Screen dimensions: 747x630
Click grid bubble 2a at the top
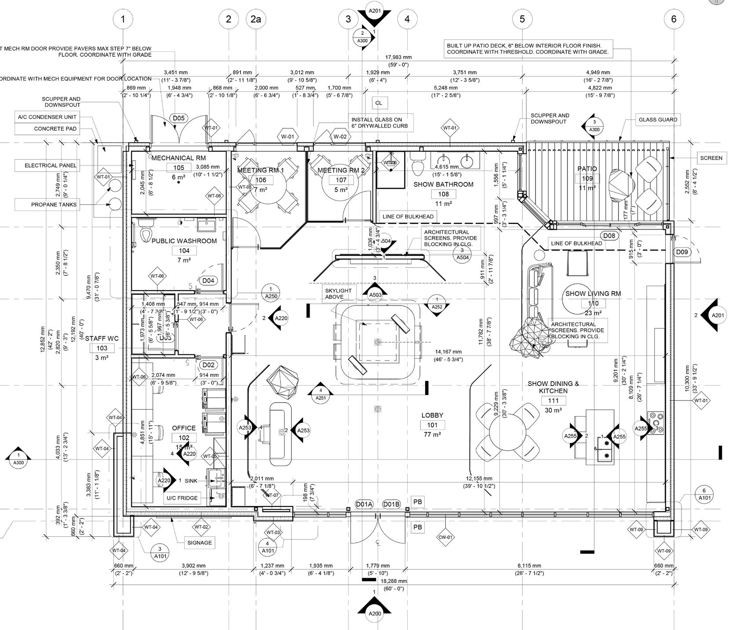click(255, 19)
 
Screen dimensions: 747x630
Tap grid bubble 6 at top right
click(674, 19)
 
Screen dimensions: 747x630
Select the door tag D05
click(179, 118)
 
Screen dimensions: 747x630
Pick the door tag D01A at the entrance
click(364, 504)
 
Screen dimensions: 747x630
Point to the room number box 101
click(432, 425)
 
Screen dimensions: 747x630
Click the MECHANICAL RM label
click(179, 158)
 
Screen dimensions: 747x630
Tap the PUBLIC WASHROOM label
click(184, 241)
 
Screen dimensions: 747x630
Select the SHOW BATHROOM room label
click(443, 184)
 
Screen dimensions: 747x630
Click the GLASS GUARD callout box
click(658, 120)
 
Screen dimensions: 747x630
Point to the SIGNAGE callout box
click(200, 543)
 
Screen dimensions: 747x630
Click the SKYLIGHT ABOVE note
click(338, 294)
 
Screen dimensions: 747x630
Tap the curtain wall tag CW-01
click(445, 537)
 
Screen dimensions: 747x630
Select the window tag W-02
click(340, 136)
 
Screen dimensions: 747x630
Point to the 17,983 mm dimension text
click(398, 57)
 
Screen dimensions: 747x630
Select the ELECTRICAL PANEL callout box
click(51, 165)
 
